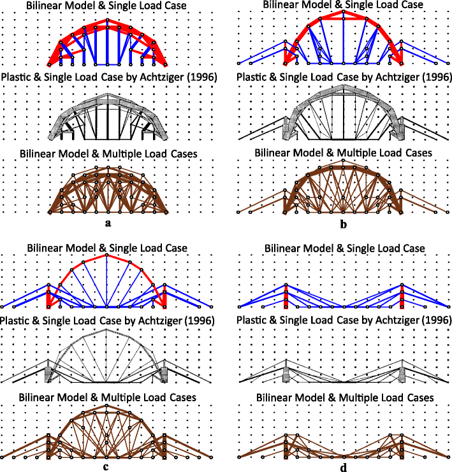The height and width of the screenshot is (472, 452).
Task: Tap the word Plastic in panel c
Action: pyautogui.click(x=18, y=319)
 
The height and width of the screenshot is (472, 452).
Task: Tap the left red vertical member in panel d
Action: pyautogui.click(x=286, y=296)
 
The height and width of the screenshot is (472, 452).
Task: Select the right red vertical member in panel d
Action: pyautogui.click(x=402, y=296)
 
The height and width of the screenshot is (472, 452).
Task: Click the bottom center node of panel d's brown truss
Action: pyautogui.click(x=344, y=457)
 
